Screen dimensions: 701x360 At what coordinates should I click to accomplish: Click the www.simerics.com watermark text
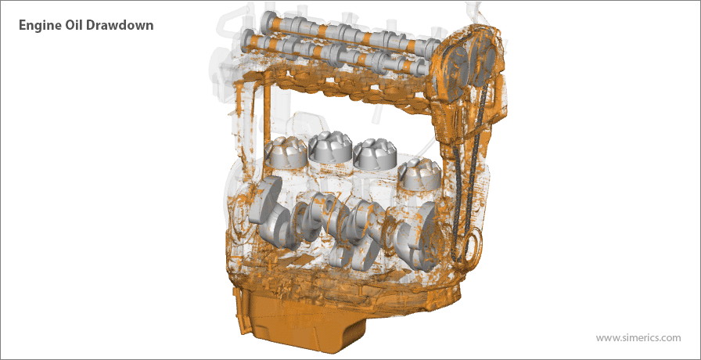pos(638,337)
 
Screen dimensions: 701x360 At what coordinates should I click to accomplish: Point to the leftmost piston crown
pos(285,151)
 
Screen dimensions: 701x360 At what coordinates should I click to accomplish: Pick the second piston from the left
pos(329,146)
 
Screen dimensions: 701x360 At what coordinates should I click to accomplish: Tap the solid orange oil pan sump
pos(304,320)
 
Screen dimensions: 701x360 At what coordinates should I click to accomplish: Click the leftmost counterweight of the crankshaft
pos(271,211)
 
